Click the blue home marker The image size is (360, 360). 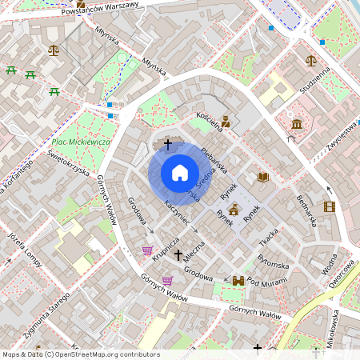pyautogui.click(x=180, y=173)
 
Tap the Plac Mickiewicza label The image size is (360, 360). pyautogui.click(x=80, y=142)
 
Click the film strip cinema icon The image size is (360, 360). pyautogui.click(x=330, y=206)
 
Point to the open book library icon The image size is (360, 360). pyautogui.click(x=263, y=177)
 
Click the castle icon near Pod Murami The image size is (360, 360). pyautogui.click(x=238, y=280)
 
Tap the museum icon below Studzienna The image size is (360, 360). pyautogui.click(x=297, y=124)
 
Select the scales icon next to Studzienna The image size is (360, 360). pyautogui.click(x=310, y=60)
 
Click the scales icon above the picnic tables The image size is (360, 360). pyautogui.click(x=54, y=49)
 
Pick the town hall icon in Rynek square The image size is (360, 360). pyautogui.click(x=234, y=210)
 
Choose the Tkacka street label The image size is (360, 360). pyautogui.click(x=268, y=240)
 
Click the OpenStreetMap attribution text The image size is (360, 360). pyautogui.click(x=81, y=354)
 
